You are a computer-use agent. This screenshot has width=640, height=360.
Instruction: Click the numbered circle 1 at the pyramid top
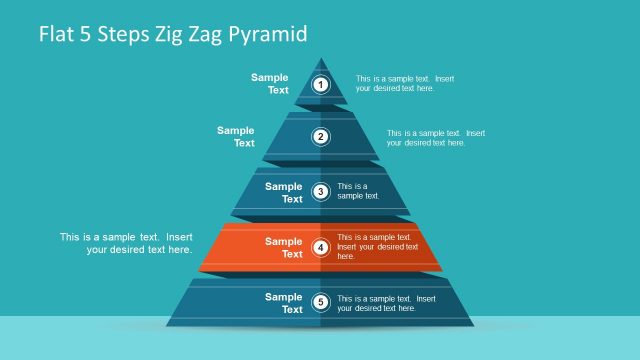tap(321, 85)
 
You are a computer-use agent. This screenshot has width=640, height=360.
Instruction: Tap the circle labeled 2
tap(321, 137)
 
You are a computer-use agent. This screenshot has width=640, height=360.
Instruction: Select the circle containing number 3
tap(321, 192)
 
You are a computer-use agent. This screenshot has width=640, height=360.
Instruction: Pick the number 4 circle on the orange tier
tap(321, 247)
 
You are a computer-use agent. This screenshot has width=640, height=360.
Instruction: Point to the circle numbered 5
tap(321, 302)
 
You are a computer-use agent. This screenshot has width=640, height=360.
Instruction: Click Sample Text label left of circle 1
tap(270, 84)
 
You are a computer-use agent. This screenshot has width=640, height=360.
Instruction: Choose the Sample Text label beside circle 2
tap(237, 136)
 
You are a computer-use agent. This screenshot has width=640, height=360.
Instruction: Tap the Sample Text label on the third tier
tap(284, 192)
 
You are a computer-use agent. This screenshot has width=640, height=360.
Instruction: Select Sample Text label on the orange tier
tap(284, 247)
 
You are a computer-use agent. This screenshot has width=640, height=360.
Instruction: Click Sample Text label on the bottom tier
tap(284, 302)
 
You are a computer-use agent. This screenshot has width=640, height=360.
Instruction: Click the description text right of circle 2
tap(435, 137)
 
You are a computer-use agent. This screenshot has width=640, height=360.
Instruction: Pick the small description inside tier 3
tap(358, 191)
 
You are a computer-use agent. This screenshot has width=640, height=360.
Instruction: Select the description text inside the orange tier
tap(377, 246)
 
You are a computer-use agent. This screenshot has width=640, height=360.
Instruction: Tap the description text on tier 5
tap(386, 303)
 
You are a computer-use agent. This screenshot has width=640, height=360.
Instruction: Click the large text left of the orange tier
tap(126, 243)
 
